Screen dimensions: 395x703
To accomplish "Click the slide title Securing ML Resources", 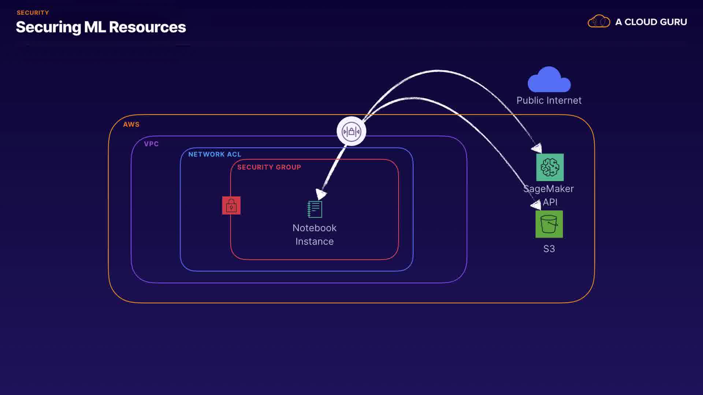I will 101,27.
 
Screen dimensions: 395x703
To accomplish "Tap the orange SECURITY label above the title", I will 33,13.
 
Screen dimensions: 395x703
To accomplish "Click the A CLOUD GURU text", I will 651,22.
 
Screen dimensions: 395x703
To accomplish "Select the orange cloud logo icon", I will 599,22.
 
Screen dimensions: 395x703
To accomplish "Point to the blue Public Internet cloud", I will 549,80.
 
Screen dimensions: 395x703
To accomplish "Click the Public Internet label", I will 549,101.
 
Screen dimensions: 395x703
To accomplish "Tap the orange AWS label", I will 131,124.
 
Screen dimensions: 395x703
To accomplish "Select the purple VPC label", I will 151,144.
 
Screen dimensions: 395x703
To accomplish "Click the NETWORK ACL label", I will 215,154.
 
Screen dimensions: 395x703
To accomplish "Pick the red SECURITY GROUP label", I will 269,167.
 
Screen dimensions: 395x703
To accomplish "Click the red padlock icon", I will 231,206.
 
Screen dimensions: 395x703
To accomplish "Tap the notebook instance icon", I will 315,209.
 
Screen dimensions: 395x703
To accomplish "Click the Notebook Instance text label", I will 315,234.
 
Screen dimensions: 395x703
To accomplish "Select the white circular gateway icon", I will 351,131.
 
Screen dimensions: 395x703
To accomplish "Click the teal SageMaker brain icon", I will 550,168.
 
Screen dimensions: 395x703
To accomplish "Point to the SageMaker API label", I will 549,195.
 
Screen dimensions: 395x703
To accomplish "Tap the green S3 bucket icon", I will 549,224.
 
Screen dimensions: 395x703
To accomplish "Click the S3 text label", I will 549,249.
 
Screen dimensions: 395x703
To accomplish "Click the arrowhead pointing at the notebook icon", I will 321,194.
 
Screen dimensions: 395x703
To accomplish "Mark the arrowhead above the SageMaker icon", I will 537,148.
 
